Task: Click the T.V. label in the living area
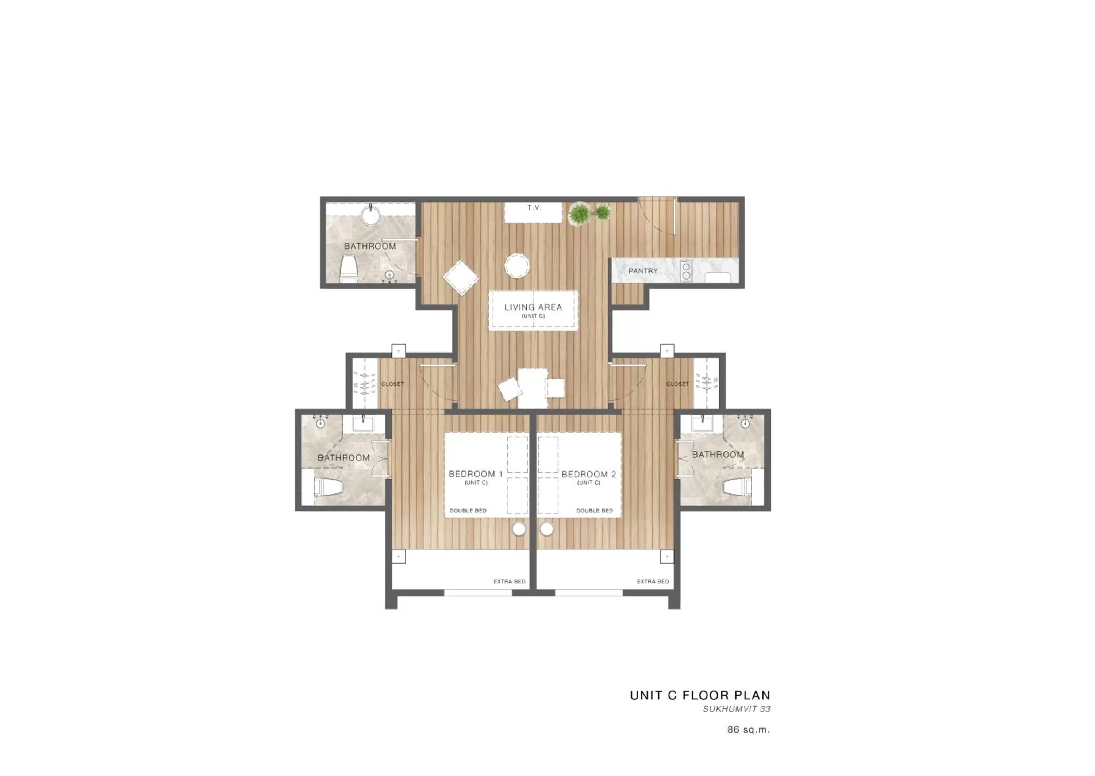coord(534,208)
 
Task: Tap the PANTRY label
coord(643,271)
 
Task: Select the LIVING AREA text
coord(533,307)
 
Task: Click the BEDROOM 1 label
coord(475,474)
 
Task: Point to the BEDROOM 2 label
coord(589,475)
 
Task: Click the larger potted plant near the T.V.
coord(579,214)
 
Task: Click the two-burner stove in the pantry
coord(686,271)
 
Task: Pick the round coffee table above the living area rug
coord(517,266)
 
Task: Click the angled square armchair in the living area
coord(461,278)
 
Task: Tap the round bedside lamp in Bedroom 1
coord(519,529)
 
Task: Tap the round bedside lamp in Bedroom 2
coord(546,529)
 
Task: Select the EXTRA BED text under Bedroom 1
coord(509,581)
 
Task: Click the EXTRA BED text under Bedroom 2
coord(653,581)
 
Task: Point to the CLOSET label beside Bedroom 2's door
coord(677,384)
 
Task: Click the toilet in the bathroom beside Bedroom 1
coord(329,487)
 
